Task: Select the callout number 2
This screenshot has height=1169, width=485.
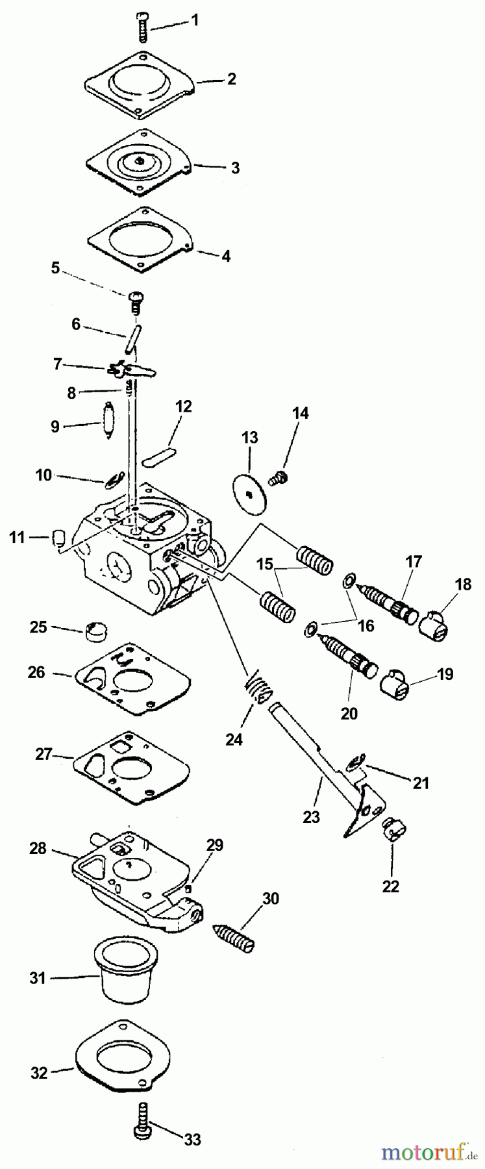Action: click(230, 79)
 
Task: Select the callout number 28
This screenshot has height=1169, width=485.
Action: click(38, 848)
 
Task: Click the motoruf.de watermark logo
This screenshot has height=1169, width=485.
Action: click(427, 1153)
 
